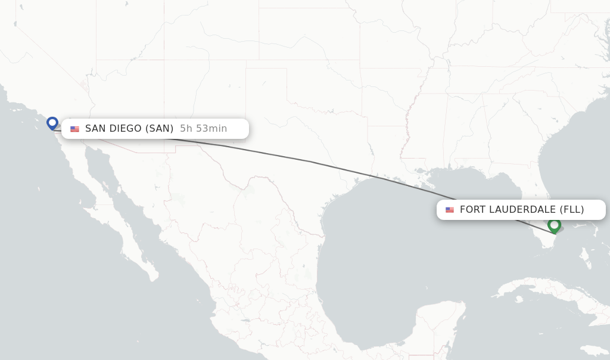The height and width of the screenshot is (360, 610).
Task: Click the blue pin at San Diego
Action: tap(52, 123)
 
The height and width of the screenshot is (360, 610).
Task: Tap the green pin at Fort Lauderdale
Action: tap(554, 225)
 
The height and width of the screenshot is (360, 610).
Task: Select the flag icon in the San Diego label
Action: tap(74, 129)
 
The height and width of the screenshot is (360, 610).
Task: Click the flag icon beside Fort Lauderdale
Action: tap(449, 210)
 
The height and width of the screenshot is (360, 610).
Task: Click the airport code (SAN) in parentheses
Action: tap(159, 128)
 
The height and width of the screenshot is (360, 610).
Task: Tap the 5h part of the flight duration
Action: tap(186, 128)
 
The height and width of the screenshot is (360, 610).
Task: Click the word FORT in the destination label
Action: tap(473, 209)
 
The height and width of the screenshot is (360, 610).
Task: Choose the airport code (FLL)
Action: tap(572, 209)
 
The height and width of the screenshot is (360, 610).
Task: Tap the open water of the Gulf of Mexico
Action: tap(387, 250)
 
